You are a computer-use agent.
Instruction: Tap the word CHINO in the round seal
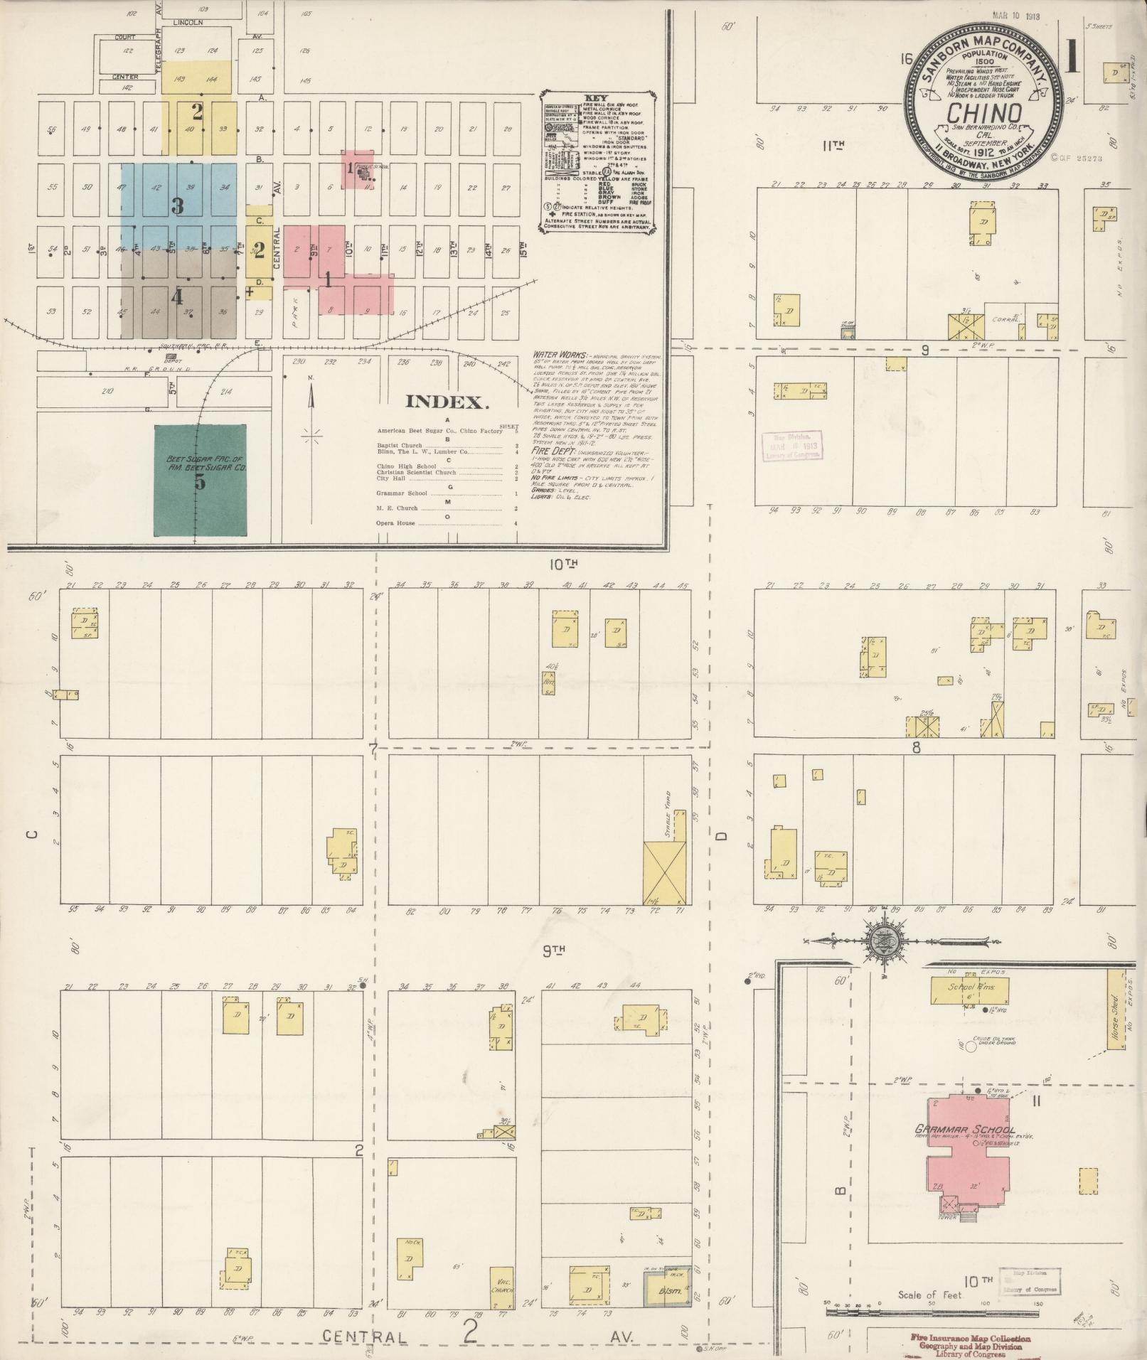(x=985, y=112)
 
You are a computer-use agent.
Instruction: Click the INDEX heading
(x=447, y=402)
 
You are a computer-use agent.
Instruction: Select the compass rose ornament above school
(x=883, y=940)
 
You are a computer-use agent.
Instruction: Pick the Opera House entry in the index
(x=396, y=523)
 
